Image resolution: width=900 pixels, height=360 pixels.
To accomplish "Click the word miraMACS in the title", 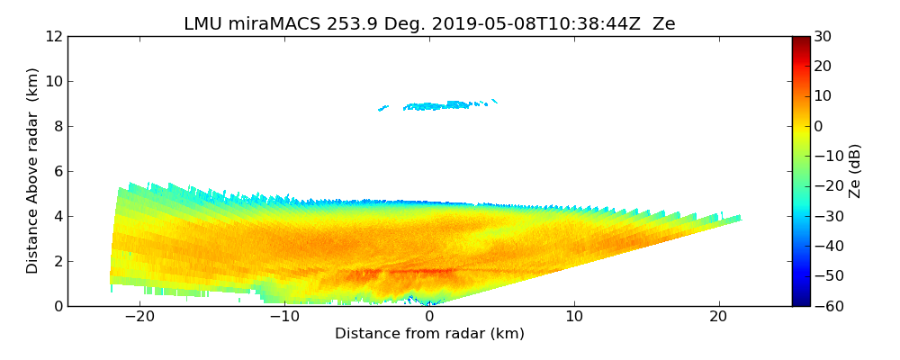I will click(x=267, y=24).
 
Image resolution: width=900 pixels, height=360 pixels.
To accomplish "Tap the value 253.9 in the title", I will click(x=342, y=24).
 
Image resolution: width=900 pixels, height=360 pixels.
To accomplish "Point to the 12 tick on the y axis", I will click(x=53, y=36).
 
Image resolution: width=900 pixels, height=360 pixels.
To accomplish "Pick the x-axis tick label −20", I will click(x=139, y=317).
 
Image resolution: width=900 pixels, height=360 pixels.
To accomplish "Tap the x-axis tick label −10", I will click(x=283, y=317).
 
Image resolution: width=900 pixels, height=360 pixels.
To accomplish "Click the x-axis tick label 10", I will click(x=574, y=317).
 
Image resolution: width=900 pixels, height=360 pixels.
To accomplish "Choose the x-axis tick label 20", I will click(x=718, y=317).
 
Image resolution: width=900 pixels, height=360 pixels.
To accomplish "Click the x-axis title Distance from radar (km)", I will click(x=429, y=334).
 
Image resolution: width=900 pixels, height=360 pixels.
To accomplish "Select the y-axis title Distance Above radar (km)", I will click(x=33, y=170).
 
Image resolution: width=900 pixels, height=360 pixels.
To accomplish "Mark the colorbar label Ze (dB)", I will click(x=855, y=170).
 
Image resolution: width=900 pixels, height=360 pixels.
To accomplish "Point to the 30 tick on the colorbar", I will click(x=822, y=36).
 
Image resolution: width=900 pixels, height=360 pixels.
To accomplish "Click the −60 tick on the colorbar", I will click(x=825, y=306).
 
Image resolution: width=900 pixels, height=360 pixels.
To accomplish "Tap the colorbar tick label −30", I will click(x=825, y=216).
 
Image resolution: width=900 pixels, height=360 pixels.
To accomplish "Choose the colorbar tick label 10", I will click(x=822, y=96).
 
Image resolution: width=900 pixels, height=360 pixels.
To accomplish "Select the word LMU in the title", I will click(x=203, y=24).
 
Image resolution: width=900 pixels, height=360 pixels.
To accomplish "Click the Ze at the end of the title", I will click(x=663, y=24).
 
